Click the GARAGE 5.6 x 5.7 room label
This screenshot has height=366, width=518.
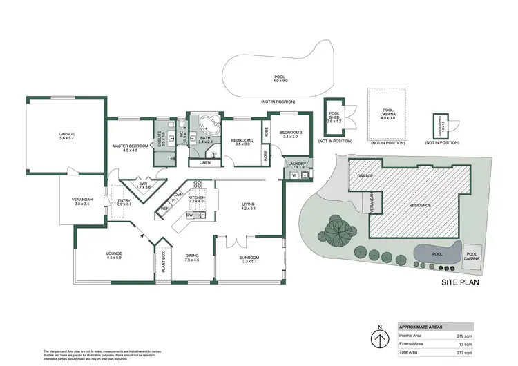pos(66,136)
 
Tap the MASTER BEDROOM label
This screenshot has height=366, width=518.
pos(131,148)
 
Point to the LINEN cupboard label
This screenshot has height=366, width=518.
pos(204,162)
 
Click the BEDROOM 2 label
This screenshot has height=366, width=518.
pos(242,141)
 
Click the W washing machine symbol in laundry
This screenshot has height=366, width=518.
pos(293,175)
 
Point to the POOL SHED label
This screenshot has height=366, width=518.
pos(335,115)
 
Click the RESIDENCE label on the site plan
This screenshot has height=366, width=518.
pos(421,205)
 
